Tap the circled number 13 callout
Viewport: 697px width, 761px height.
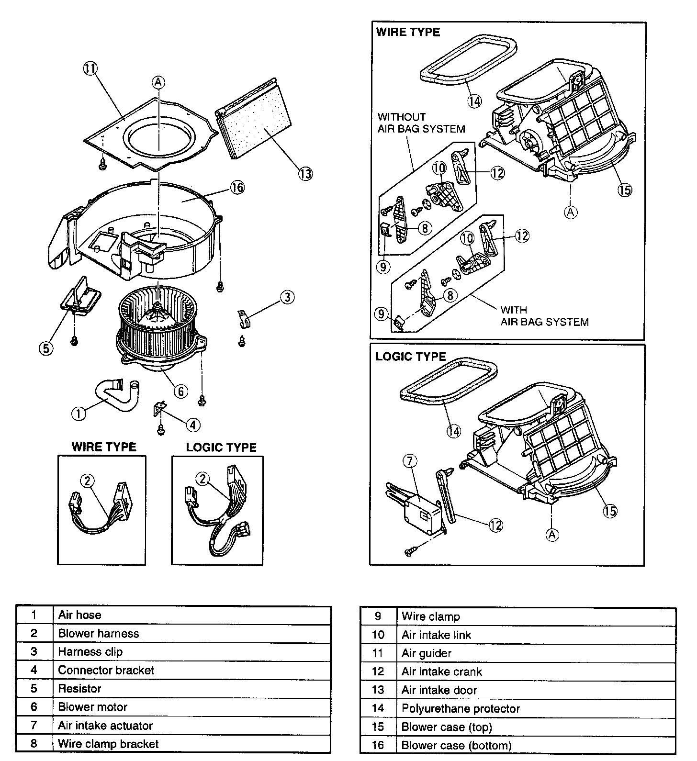[x=305, y=173]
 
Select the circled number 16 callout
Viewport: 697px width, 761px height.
[x=237, y=188]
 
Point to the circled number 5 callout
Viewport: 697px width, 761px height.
[x=46, y=348]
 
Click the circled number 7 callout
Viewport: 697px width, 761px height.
[x=410, y=461]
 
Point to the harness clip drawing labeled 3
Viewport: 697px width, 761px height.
[x=244, y=319]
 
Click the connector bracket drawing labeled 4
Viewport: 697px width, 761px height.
[x=159, y=409]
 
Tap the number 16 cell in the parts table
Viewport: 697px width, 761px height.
[x=378, y=745]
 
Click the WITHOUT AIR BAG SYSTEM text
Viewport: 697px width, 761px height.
[x=421, y=123]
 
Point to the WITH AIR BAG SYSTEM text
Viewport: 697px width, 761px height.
[x=544, y=316]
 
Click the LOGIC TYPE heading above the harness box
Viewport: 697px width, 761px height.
[x=221, y=447]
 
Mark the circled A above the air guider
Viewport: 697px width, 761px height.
[x=158, y=82]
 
